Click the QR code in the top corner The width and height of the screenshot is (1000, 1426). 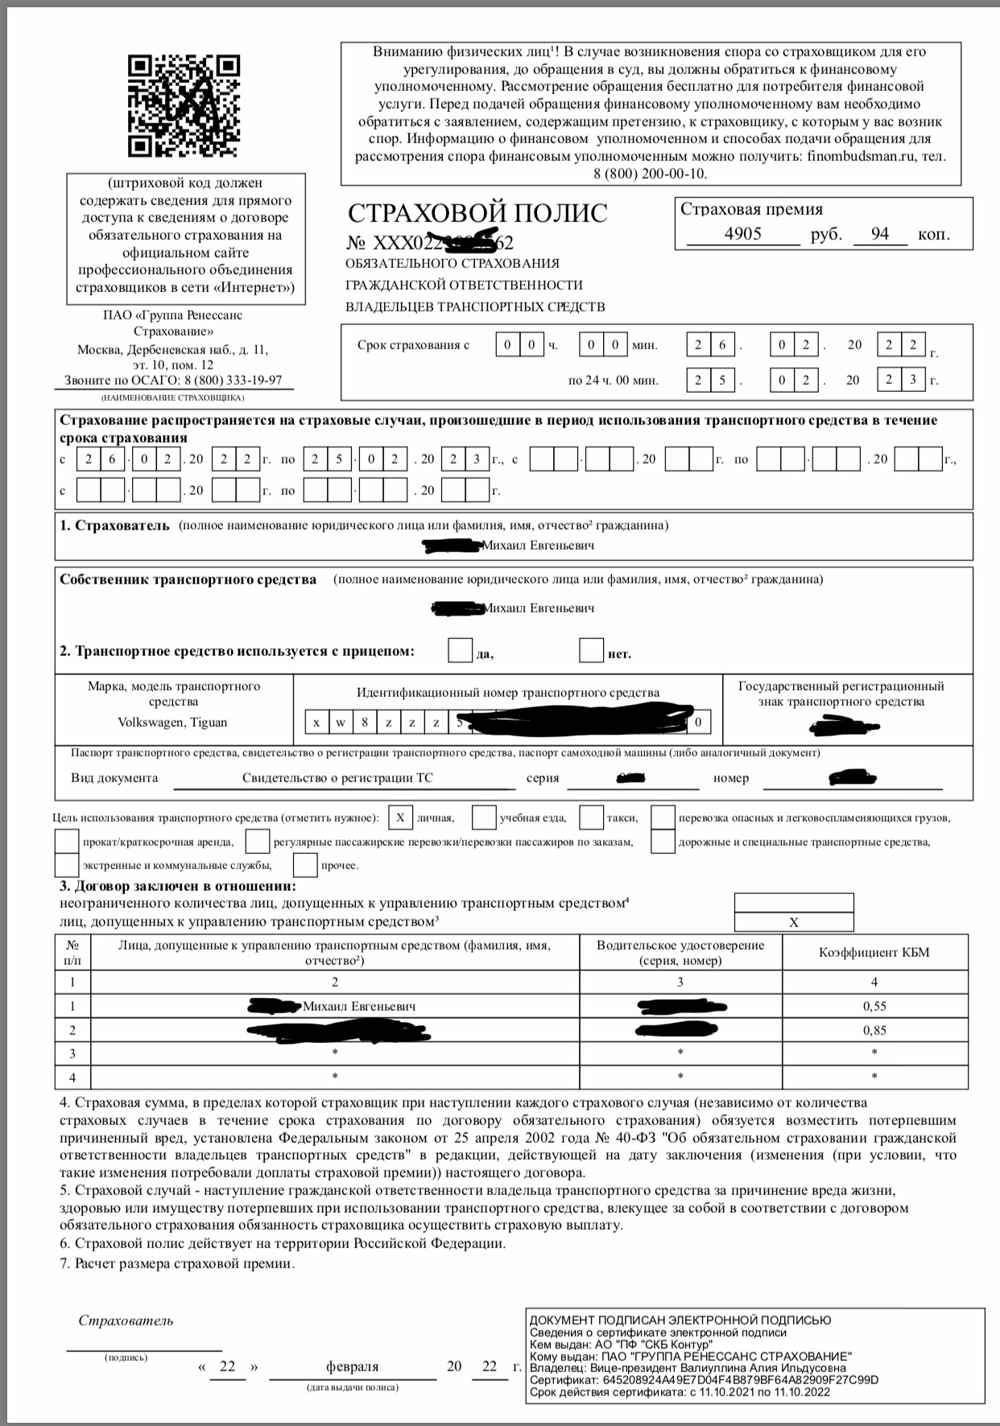click(184, 105)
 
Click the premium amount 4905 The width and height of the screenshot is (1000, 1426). click(742, 234)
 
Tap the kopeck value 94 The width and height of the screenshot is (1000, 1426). click(879, 234)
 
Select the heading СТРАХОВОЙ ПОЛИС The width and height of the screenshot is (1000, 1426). click(477, 213)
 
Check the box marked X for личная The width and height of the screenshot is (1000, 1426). click(400, 818)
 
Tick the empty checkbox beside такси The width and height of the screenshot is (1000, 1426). click(592, 818)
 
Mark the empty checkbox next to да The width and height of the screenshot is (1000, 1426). click(460, 649)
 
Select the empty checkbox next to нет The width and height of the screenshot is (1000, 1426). click(592, 649)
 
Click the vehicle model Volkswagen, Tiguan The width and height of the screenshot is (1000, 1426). click(172, 722)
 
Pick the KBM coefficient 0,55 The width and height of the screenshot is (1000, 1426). click(874, 1006)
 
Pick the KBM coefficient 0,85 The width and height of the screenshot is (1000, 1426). click(874, 1029)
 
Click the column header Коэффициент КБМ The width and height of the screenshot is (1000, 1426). click(874, 953)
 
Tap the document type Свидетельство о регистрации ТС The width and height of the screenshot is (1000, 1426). click(339, 778)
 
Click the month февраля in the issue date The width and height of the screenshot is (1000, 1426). click(352, 1366)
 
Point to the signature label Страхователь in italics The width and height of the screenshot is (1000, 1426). click(126, 1321)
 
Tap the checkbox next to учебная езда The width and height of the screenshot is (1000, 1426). click(484, 818)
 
